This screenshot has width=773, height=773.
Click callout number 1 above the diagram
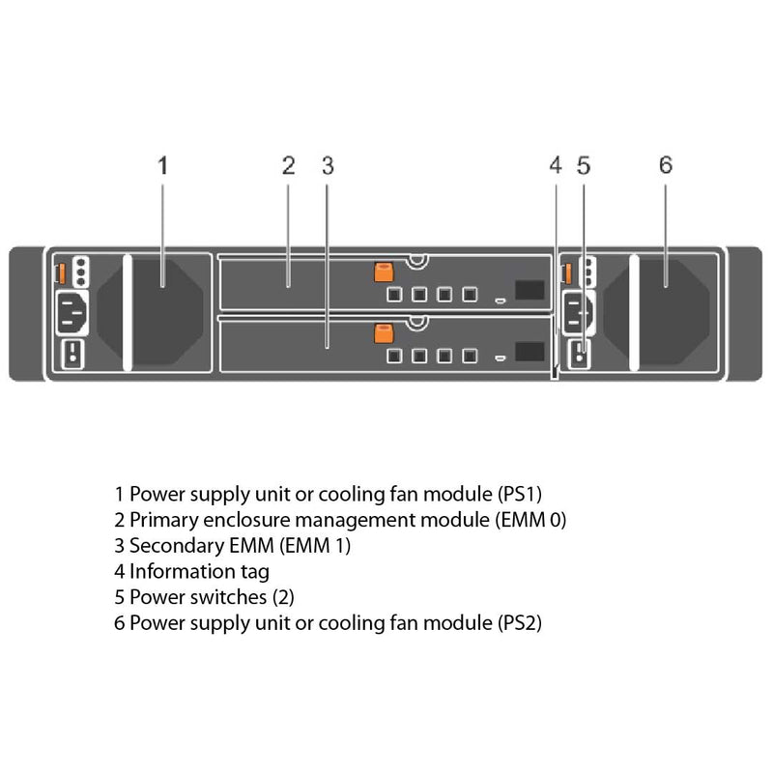[x=162, y=165]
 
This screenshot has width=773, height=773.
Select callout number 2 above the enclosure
[x=288, y=165]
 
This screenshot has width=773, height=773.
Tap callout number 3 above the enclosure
[x=328, y=165]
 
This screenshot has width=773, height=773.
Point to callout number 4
[x=555, y=165]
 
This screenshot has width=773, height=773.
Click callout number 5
[x=583, y=165]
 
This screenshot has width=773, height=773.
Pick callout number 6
[x=665, y=165]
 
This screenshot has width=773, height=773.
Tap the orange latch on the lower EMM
[x=381, y=333]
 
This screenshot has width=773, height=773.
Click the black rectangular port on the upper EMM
[x=530, y=291]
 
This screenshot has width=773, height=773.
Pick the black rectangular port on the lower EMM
[x=530, y=353]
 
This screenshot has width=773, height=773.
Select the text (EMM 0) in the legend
[x=530, y=520]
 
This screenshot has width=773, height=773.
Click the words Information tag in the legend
[x=199, y=571]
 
